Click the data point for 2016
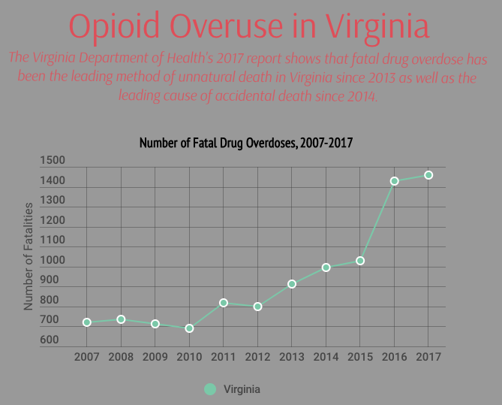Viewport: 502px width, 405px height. (394, 181)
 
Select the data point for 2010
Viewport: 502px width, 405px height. (189, 328)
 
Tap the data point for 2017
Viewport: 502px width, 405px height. (428, 175)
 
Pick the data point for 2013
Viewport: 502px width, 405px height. (292, 284)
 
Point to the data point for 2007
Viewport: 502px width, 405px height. (87, 322)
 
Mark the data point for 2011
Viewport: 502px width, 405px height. (224, 303)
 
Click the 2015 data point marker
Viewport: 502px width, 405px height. (360, 261)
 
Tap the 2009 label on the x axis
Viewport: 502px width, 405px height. (155, 356)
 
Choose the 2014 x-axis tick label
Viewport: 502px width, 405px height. (326, 356)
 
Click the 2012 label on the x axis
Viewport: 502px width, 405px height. (257, 356)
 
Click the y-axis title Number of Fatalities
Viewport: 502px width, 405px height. (29, 256)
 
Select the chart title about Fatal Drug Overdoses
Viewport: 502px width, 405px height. (246, 143)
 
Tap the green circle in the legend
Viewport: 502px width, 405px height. (210, 389)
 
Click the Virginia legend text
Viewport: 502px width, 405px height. (242, 389)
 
